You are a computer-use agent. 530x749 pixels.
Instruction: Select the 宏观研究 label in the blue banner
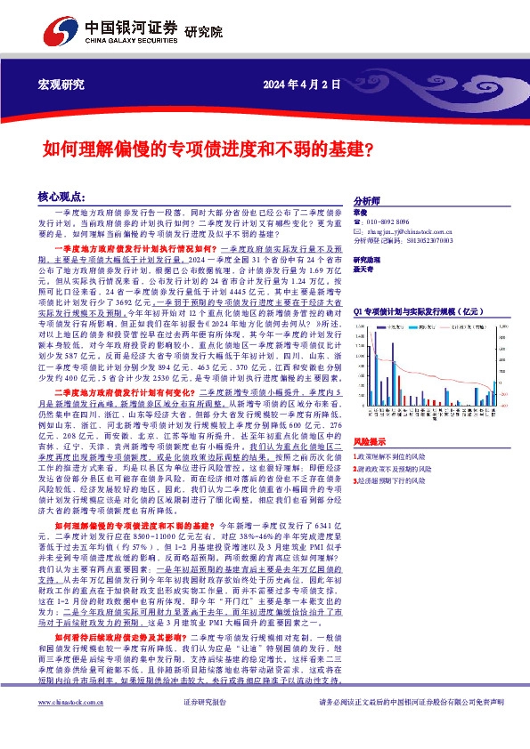click(61, 85)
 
